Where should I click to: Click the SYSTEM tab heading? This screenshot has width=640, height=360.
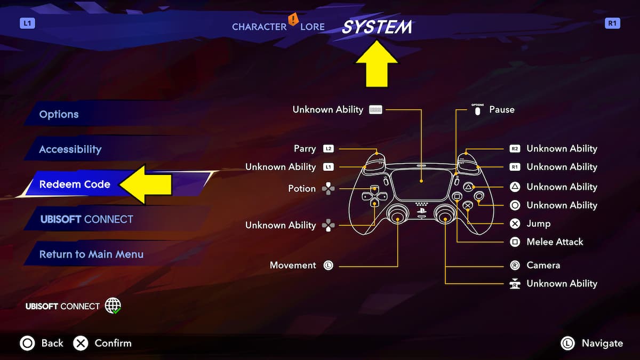point(377,27)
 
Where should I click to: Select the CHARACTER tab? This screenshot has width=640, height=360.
point(259,27)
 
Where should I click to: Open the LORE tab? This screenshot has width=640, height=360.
point(312,27)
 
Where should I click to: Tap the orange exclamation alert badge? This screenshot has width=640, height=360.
point(293,20)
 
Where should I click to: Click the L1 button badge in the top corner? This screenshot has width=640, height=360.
point(27,23)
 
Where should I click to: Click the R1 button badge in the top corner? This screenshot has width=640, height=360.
point(612,23)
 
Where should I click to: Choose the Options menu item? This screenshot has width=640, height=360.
point(59,114)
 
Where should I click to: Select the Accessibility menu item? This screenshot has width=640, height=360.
point(70,149)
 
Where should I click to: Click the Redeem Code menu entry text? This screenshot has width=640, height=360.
point(75,185)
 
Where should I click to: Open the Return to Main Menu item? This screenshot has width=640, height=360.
point(91,254)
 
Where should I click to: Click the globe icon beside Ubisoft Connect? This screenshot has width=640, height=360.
point(113,306)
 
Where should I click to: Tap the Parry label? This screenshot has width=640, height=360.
point(305,149)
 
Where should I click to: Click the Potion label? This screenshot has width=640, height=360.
point(302,188)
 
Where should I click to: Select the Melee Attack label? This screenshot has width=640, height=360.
point(555,242)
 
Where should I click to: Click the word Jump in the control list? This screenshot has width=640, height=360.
point(538,223)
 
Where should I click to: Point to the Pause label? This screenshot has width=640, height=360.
point(502,109)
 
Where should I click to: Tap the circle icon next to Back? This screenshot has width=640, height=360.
point(27,343)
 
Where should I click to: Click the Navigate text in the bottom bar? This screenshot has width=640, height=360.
point(602,343)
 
